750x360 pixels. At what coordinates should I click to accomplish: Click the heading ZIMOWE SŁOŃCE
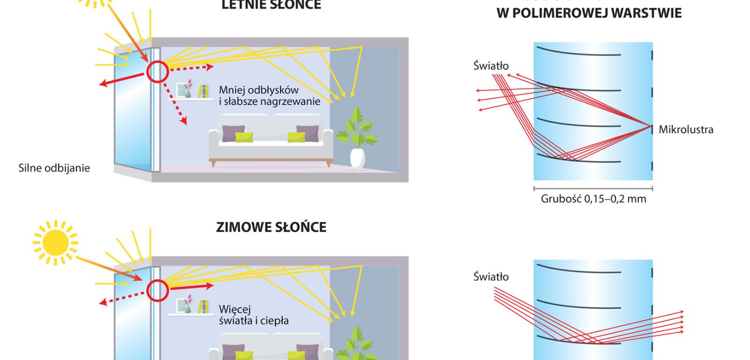click(x=271, y=227)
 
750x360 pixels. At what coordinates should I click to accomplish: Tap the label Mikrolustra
click(x=686, y=129)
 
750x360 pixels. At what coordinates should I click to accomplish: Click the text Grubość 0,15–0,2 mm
click(x=593, y=199)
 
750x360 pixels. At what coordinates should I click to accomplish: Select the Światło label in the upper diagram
click(x=491, y=66)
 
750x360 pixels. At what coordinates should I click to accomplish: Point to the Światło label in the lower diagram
click(x=491, y=277)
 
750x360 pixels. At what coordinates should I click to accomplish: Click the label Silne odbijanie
click(x=54, y=168)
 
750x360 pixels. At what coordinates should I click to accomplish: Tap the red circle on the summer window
click(x=157, y=72)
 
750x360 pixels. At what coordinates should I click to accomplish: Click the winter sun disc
click(x=55, y=242)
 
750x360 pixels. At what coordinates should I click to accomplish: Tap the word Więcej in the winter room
click(x=235, y=309)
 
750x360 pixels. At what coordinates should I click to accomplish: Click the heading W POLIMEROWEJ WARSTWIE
click(x=589, y=14)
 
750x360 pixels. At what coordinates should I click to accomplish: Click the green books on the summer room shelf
click(x=202, y=90)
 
